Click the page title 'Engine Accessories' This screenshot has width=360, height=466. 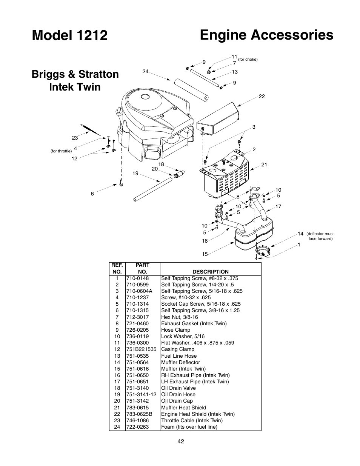pos(266,35)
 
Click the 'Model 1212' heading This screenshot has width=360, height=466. pos(70,35)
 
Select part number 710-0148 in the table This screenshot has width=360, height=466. pos(137,278)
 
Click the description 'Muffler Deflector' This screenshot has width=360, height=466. pos(180,362)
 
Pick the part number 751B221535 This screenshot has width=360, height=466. pos(141,349)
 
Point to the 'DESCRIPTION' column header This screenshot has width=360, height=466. pos(210,272)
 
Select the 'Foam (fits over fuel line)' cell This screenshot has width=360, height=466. pos(189,427)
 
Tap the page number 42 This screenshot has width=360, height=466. pos(181,441)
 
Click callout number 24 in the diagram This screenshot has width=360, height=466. pos(146,71)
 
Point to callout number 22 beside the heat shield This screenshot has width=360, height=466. pos(262,97)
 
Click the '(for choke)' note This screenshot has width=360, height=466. pos(248,60)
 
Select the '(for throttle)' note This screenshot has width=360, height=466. pos(61,151)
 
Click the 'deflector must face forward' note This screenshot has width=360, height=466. pos(320,236)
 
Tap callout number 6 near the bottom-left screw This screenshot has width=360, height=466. pos(92,194)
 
